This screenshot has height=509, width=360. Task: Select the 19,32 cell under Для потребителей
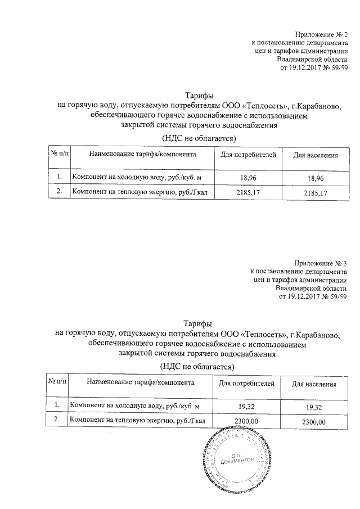pos(246,406)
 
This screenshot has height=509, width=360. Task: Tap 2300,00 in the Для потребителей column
pos(246,421)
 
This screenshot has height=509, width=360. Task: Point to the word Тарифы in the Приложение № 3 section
pos(198,323)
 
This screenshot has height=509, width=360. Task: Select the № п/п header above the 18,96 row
pos(59,154)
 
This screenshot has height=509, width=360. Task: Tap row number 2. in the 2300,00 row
pos(56,420)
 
